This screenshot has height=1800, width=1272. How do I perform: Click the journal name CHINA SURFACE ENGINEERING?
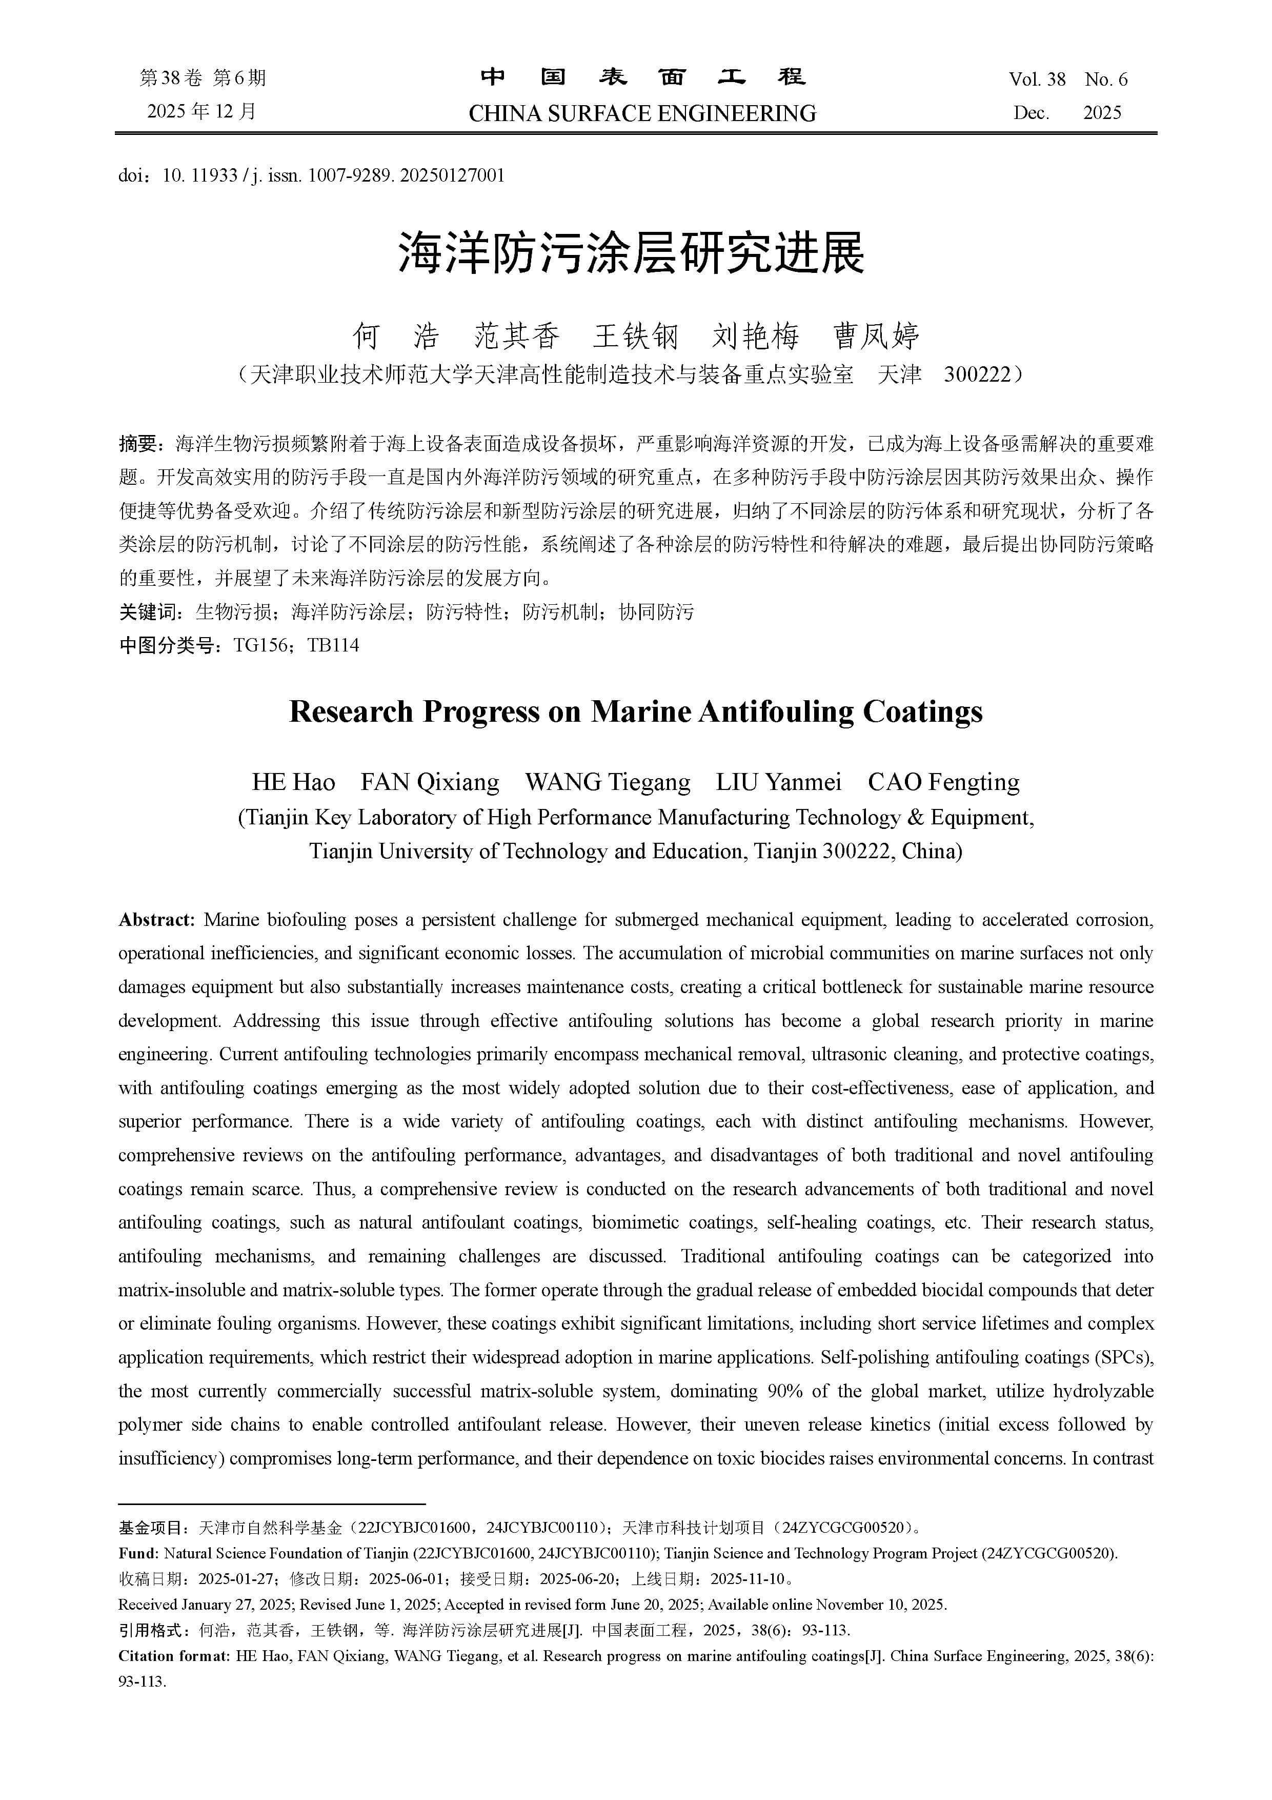pyautogui.click(x=642, y=114)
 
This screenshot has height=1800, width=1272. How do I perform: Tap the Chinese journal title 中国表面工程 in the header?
pyautogui.click(x=642, y=77)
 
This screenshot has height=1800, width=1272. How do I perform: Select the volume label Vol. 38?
pyautogui.click(x=1037, y=79)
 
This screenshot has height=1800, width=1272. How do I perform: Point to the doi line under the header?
pyautogui.click(x=311, y=175)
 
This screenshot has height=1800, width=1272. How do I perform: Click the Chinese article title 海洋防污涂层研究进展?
pyautogui.click(x=631, y=253)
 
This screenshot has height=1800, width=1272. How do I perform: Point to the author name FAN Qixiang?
pyautogui.click(x=430, y=782)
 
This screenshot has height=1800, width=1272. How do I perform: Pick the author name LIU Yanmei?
pyautogui.click(x=778, y=782)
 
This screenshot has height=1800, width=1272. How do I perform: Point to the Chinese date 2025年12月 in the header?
pyautogui.click(x=202, y=111)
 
